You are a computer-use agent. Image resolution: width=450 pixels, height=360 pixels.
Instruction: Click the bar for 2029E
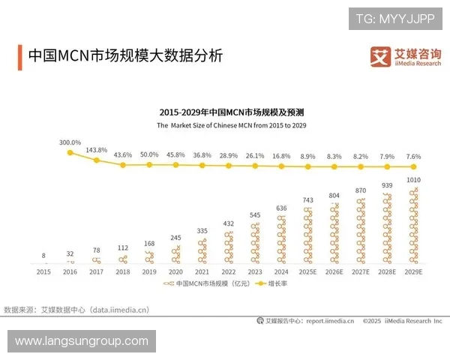point(412,226)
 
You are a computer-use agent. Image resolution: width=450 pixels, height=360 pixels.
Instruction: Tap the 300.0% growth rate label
point(70,142)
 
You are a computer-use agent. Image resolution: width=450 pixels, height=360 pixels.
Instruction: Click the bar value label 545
point(254,214)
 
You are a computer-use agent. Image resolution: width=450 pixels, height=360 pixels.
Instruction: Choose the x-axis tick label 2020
point(175,273)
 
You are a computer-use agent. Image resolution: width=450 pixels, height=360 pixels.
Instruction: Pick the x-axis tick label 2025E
point(307,273)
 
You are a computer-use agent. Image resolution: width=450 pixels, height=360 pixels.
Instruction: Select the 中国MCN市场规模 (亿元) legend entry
point(200,285)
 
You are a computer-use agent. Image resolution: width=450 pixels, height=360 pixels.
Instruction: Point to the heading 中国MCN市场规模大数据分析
point(124,56)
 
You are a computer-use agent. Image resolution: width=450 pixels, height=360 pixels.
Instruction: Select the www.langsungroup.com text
point(81,341)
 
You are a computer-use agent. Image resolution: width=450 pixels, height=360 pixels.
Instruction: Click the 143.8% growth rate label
point(97,150)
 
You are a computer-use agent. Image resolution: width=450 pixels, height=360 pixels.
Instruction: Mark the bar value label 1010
point(412,179)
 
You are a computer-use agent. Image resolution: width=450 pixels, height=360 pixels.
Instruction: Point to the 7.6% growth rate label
point(412,156)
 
